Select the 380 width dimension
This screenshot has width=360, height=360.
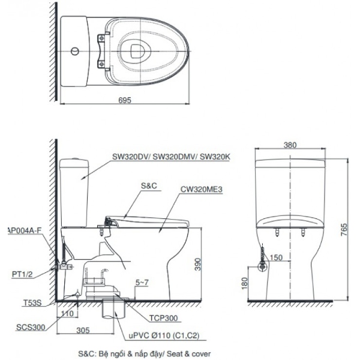(x=290, y=145)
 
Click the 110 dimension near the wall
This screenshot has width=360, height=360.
(x=68, y=313)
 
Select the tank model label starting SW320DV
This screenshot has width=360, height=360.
(x=170, y=157)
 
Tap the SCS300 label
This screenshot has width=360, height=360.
(x=28, y=327)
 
